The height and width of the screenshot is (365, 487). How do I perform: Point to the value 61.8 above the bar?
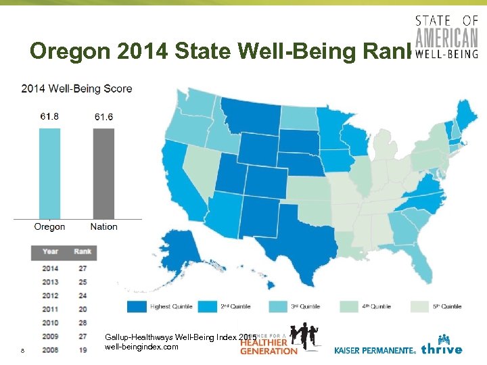49,117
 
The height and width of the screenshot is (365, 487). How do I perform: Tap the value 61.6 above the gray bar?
103,117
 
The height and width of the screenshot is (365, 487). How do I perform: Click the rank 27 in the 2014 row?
83,268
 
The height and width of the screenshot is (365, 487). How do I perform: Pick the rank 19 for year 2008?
83,349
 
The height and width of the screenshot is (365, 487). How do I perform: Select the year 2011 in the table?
50,309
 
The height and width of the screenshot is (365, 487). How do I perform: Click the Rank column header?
83,251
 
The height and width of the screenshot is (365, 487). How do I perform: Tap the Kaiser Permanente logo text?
375,350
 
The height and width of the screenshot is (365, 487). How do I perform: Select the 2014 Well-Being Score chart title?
76,89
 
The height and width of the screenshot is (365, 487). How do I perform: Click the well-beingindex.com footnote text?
142,347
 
